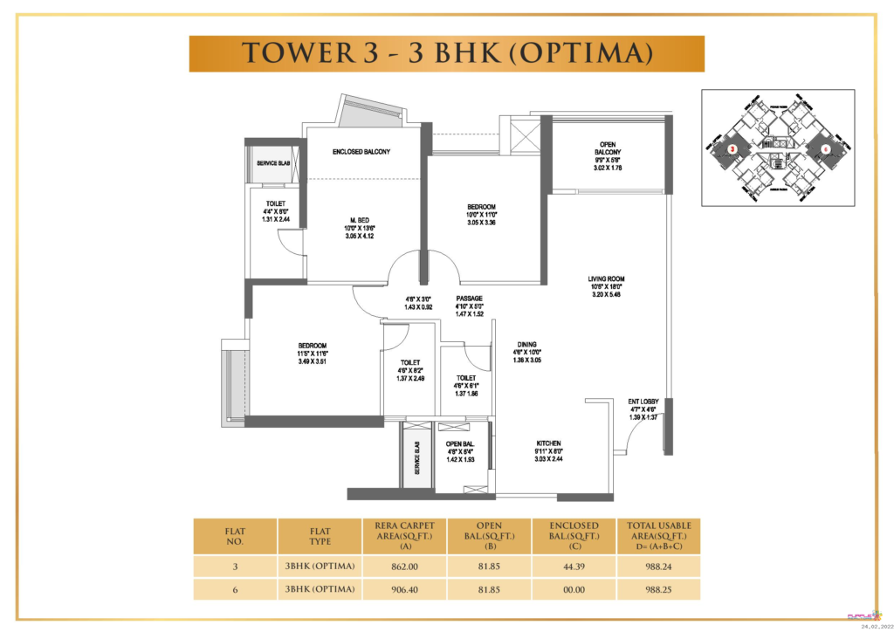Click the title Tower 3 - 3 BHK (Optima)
click(x=446, y=54)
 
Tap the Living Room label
click(x=606, y=279)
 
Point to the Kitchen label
click(x=548, y=443)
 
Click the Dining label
click(x=526, y=345)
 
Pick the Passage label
click(x=469, y=299)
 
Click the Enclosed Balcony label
click(x=361, y=152)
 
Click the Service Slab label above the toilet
click(x=267, y=163)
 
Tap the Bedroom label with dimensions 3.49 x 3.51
click(x=312, y=346)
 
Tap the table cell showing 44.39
click(x=574, y=566)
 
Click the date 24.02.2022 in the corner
click(x=875, y=626)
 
